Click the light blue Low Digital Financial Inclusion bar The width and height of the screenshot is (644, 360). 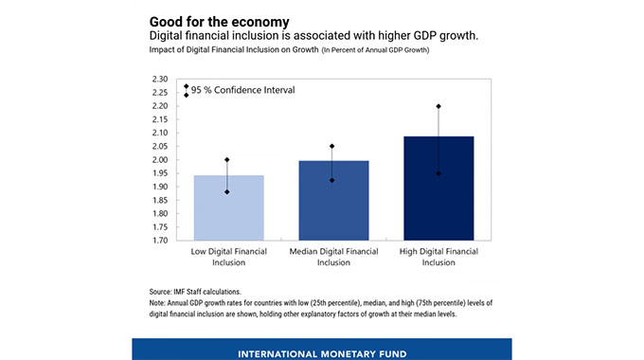(x=229, y=207)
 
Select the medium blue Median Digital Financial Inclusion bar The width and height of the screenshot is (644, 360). (x=333, y=201)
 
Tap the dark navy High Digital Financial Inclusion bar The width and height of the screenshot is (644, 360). (x=438, y=189)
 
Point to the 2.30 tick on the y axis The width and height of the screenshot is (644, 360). (x=160, y=79)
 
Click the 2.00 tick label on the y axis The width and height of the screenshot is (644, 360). (x=160, y=160)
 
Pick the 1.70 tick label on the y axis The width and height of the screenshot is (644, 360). (x=160, y=241)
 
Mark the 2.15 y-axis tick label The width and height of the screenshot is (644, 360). (x=160, y=119)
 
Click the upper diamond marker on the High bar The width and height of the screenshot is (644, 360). (x=438, y=106)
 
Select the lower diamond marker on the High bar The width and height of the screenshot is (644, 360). (x=438, y=173)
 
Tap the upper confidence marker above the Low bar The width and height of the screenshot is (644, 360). (x=227, y=160)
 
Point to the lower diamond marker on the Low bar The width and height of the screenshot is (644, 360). (x=227, y=192)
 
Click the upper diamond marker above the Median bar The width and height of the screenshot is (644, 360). (x=331, y=146)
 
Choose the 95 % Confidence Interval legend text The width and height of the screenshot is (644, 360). (x=242, y=90)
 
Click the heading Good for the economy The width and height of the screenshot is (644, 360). (x=220, y=22)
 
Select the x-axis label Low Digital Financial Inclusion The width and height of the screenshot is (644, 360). (x=229, y=257)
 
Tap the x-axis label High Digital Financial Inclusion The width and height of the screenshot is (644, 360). (x=438, y=257)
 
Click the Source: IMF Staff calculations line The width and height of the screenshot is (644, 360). (x=195, y=292)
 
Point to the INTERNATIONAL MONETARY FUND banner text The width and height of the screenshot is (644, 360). (x=322, y=353)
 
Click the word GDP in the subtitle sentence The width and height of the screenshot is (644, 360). (x=425, y=36)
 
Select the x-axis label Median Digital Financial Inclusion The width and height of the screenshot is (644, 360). (x=333, y=257)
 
